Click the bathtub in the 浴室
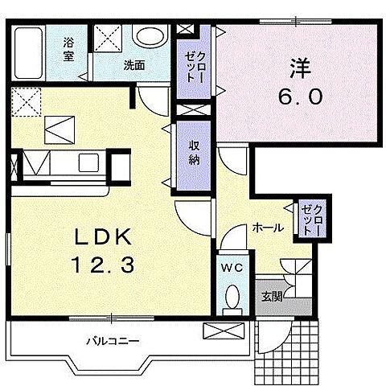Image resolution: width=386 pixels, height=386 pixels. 28,52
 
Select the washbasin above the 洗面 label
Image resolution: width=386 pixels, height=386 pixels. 150,36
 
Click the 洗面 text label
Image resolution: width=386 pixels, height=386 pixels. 134,65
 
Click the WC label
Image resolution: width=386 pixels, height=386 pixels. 232,267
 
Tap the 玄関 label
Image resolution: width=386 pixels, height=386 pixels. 272,297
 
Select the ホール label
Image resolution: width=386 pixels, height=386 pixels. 268,228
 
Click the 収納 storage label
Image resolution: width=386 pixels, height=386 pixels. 194,153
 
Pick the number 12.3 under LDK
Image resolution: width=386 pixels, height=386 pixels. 103,265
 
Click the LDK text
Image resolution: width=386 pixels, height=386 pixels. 104,236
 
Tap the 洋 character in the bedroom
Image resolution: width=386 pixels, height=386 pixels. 300,68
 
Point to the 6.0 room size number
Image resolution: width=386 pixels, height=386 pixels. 300,96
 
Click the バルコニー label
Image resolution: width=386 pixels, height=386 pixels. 113,341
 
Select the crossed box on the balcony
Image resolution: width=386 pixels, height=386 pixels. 224,331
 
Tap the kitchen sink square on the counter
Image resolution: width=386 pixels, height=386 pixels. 88,162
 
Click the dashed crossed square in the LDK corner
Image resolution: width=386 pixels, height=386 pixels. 26,102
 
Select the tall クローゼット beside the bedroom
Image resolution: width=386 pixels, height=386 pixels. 194,62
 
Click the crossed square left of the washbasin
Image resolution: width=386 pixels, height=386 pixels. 108,38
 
